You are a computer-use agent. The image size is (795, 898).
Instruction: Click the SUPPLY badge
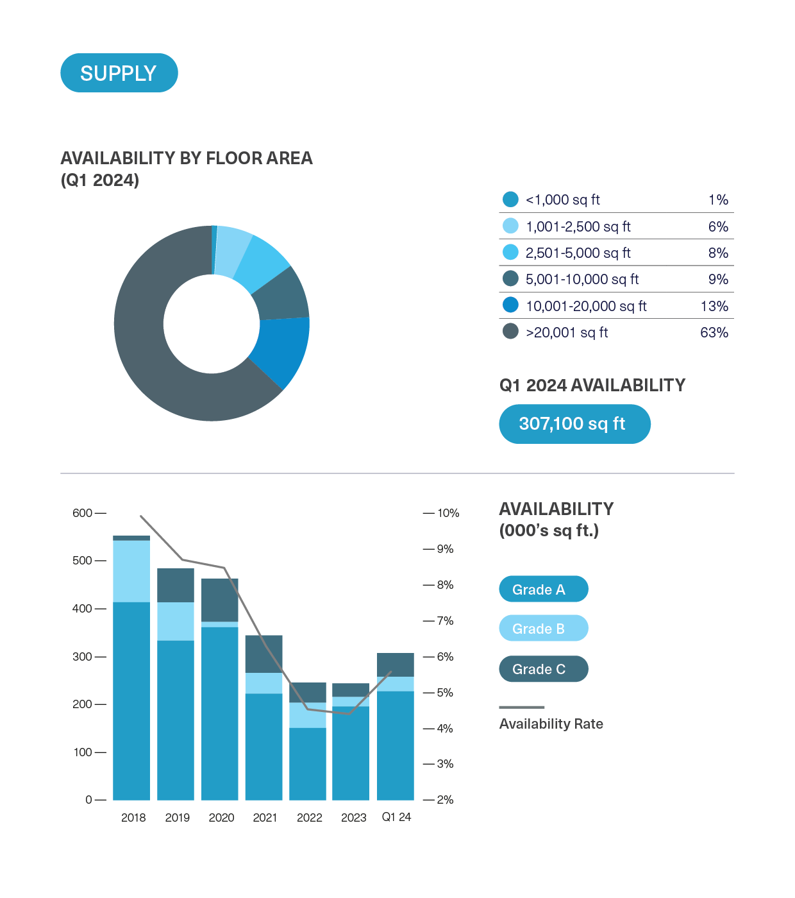tap(119, 73)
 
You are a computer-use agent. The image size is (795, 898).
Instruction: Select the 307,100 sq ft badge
tap(574, 424)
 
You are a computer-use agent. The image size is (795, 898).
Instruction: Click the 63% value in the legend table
tap(714, 332)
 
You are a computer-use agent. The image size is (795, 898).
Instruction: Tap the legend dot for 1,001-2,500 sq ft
tap(510, 226)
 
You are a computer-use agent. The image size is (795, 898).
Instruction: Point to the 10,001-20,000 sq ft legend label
tap(586, 306)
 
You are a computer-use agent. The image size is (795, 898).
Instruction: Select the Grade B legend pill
tap(543, 629)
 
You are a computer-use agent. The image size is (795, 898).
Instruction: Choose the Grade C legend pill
tap(543, 669)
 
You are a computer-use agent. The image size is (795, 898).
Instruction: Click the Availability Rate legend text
tap(551, 724)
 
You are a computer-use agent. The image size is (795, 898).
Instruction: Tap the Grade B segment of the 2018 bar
tap(131, 571)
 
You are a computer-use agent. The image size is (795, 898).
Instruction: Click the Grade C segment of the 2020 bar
tap(219, 600)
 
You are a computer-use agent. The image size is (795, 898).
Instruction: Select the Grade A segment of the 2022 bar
tap(308, 763)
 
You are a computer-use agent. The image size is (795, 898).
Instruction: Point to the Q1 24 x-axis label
tap(396, 817)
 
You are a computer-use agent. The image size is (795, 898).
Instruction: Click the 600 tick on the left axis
tap(83, 513)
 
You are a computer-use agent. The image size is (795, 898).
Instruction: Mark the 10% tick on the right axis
tap(448, 513)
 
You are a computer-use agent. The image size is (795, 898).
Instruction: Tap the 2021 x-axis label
tap(265, 817)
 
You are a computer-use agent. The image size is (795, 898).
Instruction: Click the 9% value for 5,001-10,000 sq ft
tap(718, 279)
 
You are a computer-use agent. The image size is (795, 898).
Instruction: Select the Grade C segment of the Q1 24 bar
tap(395, 665)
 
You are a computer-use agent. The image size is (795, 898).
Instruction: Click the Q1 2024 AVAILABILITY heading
tap(592, 385)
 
